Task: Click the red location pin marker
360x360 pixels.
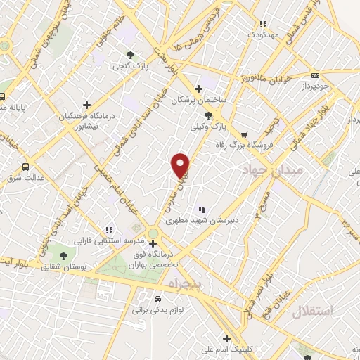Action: point(181,165)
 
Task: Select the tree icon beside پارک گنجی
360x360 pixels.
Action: point(129,55)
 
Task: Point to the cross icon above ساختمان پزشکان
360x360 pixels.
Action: point(199,89)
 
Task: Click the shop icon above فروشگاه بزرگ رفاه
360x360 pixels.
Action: point(243,134)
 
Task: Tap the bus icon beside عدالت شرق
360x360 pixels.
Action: point(25,167)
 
